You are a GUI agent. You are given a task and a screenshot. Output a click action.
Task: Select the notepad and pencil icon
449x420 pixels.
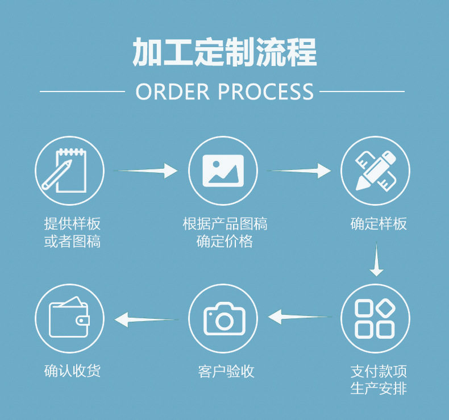[69, 171]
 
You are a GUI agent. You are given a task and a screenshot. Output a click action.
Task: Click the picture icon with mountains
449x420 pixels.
[223, 171]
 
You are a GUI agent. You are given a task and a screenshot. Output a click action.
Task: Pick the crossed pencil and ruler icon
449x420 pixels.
[375, 171]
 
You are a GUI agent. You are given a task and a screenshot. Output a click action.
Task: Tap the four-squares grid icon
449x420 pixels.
[375, 318]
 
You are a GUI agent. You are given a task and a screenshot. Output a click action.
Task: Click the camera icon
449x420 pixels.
[223, 319]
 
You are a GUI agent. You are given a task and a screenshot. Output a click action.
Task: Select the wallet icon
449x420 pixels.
[69, 318]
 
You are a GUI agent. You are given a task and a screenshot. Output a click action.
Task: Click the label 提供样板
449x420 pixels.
[72, 223]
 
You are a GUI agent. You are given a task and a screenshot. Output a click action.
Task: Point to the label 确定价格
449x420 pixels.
[224, 242]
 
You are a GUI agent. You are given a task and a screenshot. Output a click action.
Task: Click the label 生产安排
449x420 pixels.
[379, 389]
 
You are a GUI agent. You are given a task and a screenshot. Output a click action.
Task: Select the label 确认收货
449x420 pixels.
[72, 372]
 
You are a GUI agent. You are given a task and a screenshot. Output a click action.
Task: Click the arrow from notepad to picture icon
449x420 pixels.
[147, 171]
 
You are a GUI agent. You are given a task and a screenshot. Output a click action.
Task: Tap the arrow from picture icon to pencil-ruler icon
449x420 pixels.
[300, 171]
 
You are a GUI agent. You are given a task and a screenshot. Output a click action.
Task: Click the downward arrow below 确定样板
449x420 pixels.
[376, 260]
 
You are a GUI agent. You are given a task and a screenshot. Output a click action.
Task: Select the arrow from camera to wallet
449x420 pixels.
[146, 319]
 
